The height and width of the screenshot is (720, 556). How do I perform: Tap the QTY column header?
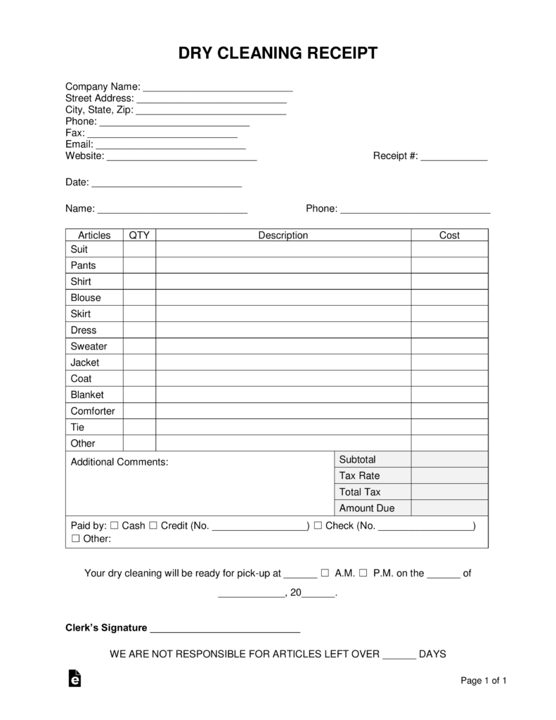(x=139, y=236)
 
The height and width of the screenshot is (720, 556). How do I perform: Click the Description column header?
(x=283, y=236)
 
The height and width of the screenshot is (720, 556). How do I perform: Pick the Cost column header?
(x=449, y=236)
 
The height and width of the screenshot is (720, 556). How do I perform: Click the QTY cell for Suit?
(x=139, y=250)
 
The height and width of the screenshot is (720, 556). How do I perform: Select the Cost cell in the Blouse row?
(x=449, y=298)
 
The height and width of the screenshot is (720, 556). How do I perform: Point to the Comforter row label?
(x=92, y=411)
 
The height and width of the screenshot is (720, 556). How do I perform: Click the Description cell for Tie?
(x=283, y=427)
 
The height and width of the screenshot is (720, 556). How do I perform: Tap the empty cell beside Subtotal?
(x=449, y=460)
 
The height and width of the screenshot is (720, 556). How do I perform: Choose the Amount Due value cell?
(x=449, y=508)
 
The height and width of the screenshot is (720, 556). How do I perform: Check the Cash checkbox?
(x=114, y=526)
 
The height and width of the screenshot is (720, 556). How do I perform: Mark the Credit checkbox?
(x=153, y=526)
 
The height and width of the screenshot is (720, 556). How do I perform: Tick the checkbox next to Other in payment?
(x=75, y=539)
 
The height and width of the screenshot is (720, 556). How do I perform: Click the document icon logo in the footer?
(x=75, y=678)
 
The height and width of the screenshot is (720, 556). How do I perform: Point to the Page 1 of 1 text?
(x=484, y=681)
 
